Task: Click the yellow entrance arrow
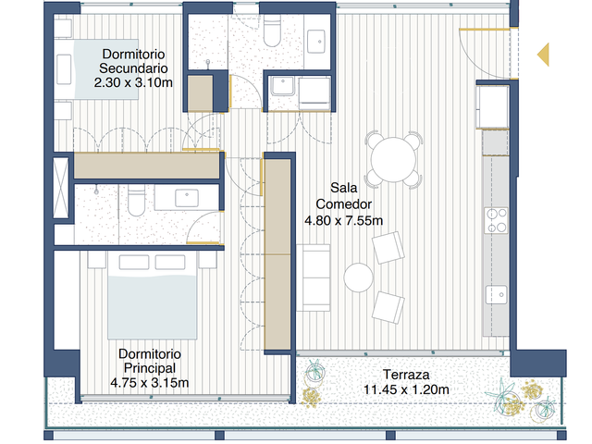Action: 544,55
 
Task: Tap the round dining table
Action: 393,160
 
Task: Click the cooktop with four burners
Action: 497,220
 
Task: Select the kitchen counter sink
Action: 497,294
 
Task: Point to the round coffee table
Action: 358,277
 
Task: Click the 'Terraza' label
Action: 406,375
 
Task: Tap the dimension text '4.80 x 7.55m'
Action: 343,220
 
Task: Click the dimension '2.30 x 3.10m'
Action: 133,82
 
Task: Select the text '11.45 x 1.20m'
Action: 406,389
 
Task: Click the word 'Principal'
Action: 150,368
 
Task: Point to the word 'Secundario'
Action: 133,68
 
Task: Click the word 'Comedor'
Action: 343,204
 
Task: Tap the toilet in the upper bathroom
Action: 272,31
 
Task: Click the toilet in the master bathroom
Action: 136,200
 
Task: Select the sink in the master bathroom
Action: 187,198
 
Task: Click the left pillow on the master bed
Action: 134,263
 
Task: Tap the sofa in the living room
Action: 313,277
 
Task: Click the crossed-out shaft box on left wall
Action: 60,188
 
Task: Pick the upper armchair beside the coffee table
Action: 388,247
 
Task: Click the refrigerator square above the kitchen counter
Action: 492,107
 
